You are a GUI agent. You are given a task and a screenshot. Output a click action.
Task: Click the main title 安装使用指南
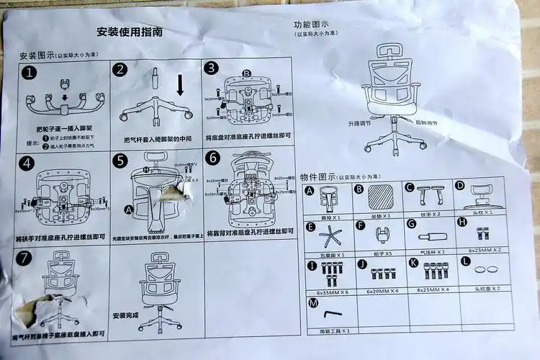(130, 32)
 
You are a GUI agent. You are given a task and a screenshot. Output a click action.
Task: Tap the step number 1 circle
(28, 73)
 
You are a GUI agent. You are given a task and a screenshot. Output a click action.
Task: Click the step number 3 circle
(211, 68)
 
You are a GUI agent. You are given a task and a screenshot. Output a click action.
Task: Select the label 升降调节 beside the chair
(359, 123)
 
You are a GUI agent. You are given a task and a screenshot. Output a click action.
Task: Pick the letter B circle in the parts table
(358, 189)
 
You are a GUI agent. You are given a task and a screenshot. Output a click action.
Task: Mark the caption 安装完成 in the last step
(126, 315)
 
